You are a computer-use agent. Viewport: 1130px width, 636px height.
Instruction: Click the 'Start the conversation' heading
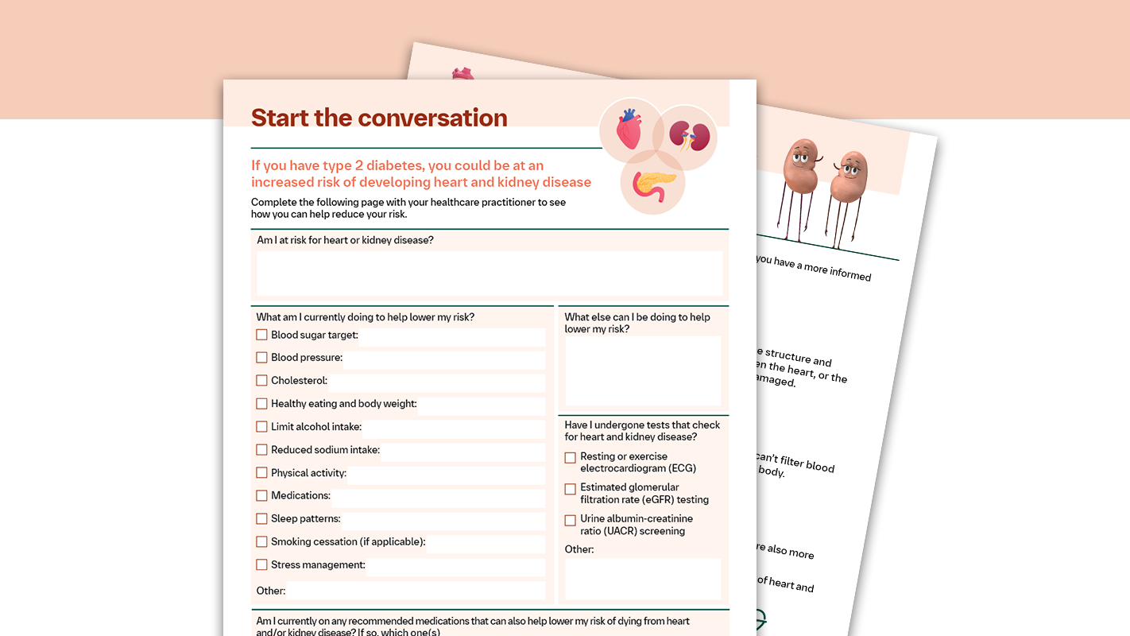click(x=379, y=118)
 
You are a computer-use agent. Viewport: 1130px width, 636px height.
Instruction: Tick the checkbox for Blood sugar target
click(x=261, y=335)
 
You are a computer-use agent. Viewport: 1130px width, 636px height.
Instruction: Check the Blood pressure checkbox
click(x=261, y=358)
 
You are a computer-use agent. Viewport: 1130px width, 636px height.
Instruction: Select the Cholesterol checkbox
click(x=261, y=381)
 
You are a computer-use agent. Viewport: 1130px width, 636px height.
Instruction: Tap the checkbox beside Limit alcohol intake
click(x=261, y=427)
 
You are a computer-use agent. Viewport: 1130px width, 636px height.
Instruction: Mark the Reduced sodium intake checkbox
click(x=261, y=450)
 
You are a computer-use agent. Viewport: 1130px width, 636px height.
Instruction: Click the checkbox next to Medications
click(x=261, y=495)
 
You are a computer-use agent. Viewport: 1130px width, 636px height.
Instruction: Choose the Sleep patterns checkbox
click(x=261, y=518)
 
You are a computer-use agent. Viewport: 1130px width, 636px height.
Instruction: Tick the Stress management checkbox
click(x=261, y=564)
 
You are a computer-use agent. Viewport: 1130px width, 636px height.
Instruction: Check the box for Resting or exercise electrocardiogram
click(x=570, y=458)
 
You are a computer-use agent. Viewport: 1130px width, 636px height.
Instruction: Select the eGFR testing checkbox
click(x=570, y=489)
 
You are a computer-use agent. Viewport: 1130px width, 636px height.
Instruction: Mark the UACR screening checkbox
click(x=570, y=521)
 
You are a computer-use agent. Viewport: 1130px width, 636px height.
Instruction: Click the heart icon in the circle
click(x=629, y=129)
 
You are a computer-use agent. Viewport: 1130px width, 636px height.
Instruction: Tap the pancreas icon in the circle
click(x=654, y=184)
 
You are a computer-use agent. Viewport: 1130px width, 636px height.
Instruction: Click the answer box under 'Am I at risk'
click(x=489, y=273)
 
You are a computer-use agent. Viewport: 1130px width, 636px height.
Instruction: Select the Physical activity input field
click(x=446, y=475)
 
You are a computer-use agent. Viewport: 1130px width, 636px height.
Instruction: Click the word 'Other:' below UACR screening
click(x=579, y=549)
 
